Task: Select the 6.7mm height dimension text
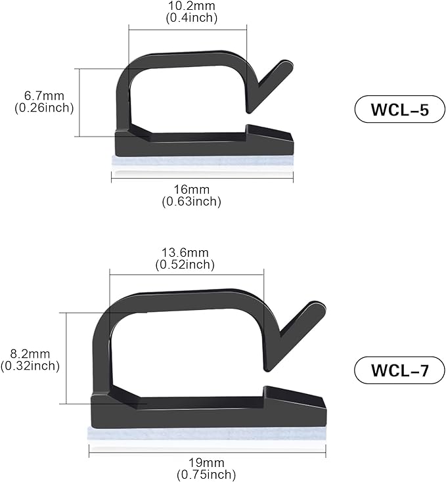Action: click(43, 97)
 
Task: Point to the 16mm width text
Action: click(191, 190)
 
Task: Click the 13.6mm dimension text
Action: click(185, 253)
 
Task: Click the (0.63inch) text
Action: click(191, 202)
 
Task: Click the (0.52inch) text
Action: click(185, 265)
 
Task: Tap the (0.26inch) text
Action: click(43, 108)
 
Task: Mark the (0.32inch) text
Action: click(30, 366)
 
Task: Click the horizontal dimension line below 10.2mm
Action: click(187, 28)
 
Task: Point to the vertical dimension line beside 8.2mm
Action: click(67, 358)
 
